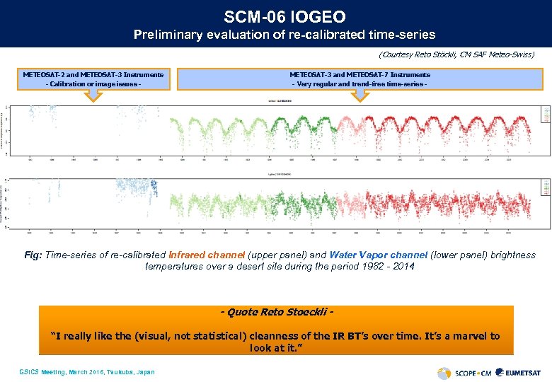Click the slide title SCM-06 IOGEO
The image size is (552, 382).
pos(275,16)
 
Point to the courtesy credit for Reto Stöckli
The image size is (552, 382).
pos(456,54)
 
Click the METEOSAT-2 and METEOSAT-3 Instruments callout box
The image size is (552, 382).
pos(93,79)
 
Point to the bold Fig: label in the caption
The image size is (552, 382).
pos(34,255)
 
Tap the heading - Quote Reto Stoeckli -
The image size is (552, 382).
pos(276,313)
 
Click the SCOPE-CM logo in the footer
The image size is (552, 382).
pos(464,372)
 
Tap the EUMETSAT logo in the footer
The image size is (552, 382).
pos(519,372)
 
